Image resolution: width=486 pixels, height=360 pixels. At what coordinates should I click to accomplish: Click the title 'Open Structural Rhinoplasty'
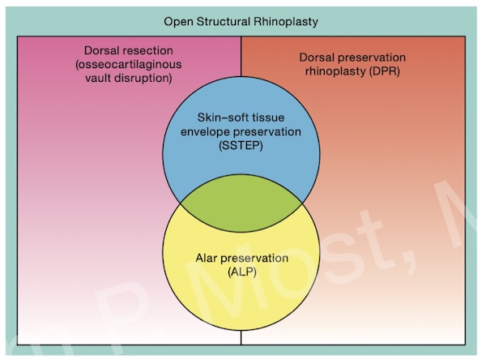(241, 20)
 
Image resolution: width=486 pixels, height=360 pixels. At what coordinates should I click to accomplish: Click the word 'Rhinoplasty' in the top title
(285, 20)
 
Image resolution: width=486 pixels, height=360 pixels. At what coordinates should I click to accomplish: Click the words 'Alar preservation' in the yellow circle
(241, 258)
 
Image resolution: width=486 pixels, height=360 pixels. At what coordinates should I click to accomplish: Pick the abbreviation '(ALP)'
(241, 272)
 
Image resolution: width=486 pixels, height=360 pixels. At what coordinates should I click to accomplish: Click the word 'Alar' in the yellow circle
(208, 258)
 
